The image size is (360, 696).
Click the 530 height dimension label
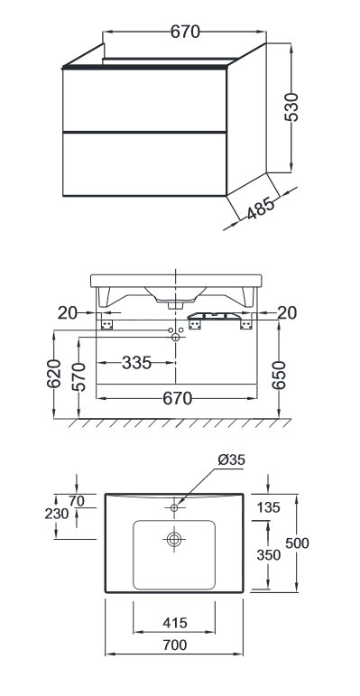click(x=292, y=107)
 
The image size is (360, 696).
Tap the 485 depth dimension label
click(x=261, y=207)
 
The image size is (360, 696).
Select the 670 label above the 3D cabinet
click(x=185, y=32)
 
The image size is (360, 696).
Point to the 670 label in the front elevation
click(x=178, y=398)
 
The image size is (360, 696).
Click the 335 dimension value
click(x=137, y=363)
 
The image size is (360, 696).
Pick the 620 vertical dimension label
click(x=54, y=374)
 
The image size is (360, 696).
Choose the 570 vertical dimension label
click(x=79, y=376)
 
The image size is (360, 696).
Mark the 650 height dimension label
click(x=279, y=375)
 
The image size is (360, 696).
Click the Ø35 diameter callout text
click(x=231, y=459)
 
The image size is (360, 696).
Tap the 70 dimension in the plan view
click(x=77, y=501)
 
